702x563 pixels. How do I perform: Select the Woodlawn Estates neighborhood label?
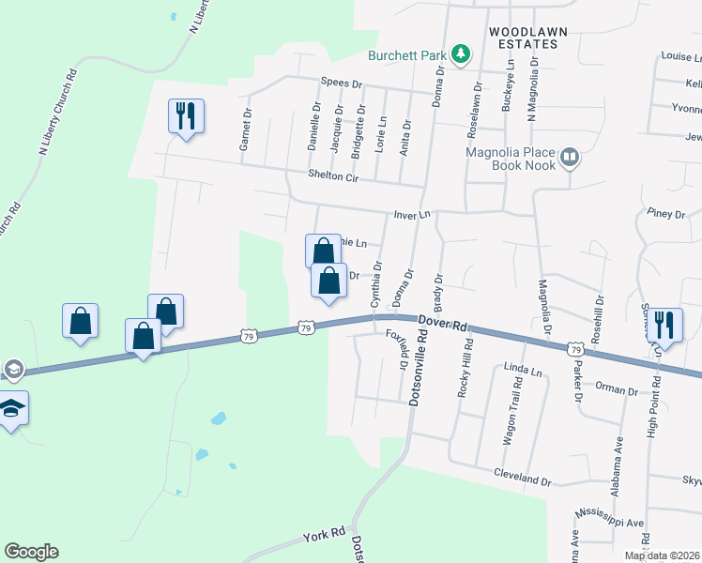click(528, 38)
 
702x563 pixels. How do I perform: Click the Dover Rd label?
click(443, 325)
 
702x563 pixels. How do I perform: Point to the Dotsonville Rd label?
click(414, 370)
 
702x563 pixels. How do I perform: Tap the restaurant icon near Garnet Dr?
click(185, 116)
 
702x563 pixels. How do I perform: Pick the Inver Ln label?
click(411, 215)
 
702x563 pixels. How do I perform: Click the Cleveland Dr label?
click(524, 479)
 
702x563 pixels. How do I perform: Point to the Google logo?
click(31, 552)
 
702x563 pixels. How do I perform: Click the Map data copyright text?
click(662, 555)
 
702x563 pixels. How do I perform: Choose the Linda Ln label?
click(523, 372)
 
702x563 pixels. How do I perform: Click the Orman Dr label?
click(618, 390)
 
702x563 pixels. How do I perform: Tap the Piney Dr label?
click(666, 214)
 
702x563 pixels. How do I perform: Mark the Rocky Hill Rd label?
click(463, 370)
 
